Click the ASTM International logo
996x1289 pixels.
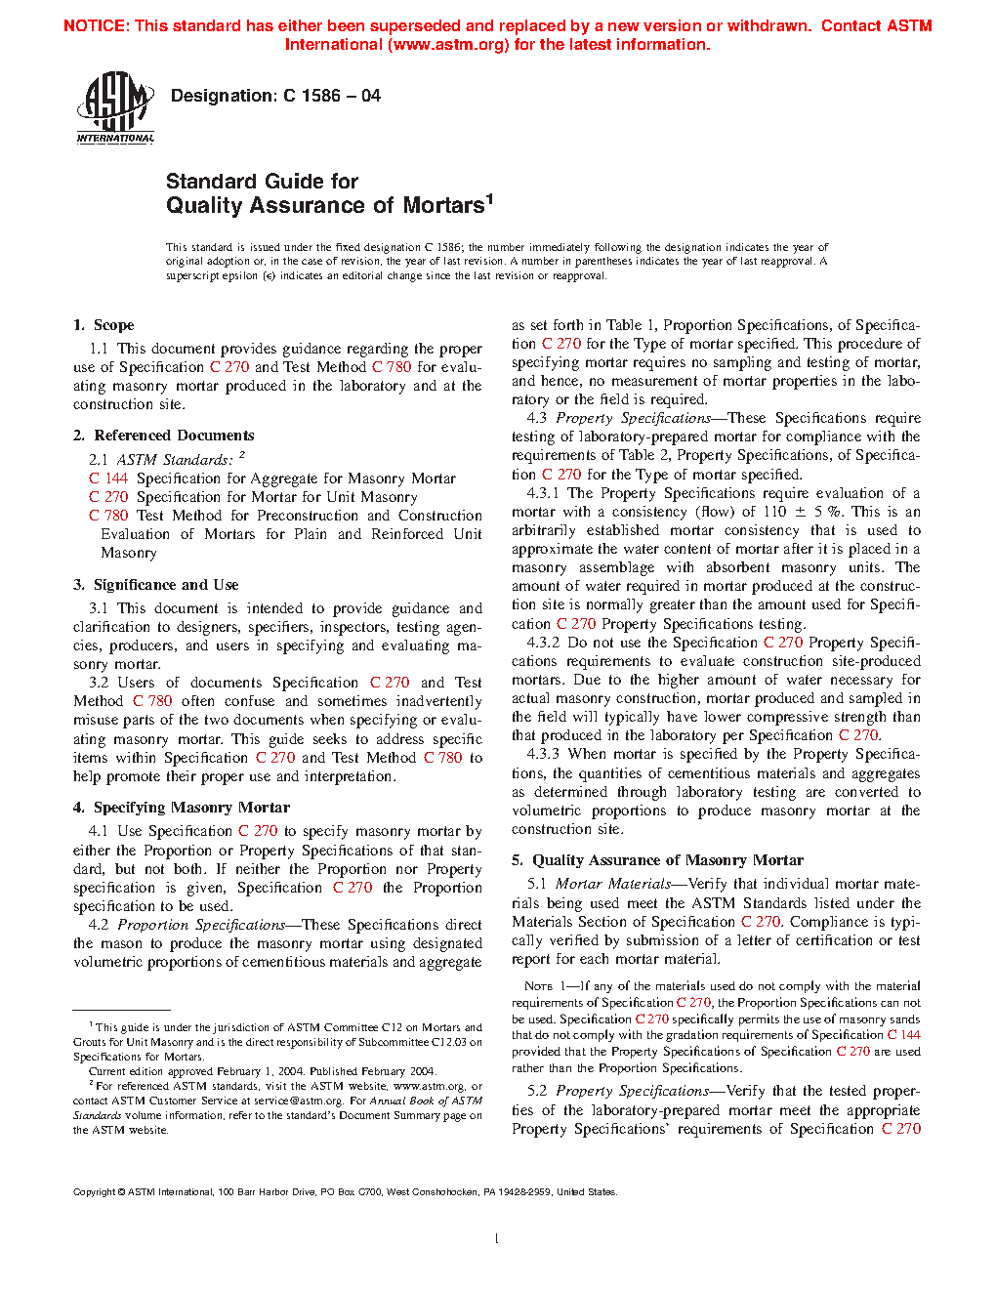click(115, 109)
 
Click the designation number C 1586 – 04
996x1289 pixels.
click(331, 96)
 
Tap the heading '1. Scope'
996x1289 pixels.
click(104, 325)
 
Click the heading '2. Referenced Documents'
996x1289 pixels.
click(163, 436)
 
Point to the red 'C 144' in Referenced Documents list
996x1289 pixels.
click(108, 478)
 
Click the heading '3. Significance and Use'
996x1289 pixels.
click(155, 585)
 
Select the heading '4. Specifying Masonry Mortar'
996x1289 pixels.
click(181, 808)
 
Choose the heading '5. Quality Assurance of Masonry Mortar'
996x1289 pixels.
click(657, 860)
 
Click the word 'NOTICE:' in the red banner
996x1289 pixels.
click(96, 26)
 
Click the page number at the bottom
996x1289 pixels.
click(497, 1239)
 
